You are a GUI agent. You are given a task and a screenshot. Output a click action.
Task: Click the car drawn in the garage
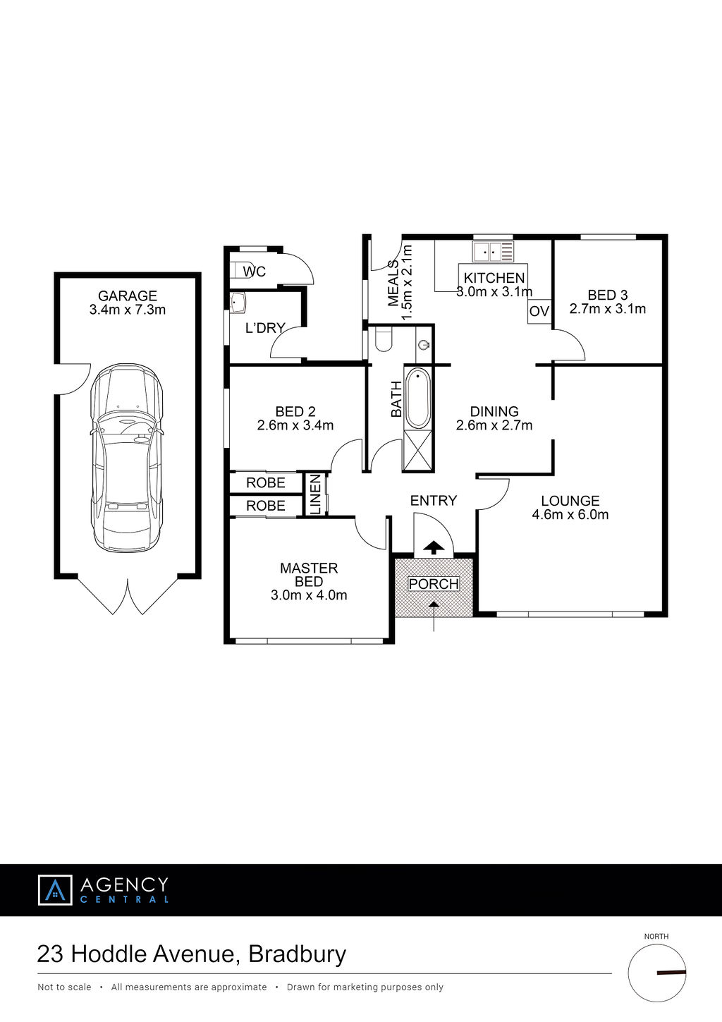pos(127,458)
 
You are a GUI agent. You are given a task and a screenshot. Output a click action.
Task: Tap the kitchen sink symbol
pos(493,251)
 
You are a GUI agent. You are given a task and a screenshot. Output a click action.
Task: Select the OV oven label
pos(539,311)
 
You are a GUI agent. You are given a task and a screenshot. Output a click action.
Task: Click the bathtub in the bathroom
pos(418,398)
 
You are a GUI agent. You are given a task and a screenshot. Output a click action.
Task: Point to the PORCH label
pos(434,583)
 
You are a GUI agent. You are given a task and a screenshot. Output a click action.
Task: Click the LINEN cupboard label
pos(316,494)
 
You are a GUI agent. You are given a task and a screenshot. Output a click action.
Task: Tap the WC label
pos(254,272)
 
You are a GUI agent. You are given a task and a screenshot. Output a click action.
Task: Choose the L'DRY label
pos(265,327)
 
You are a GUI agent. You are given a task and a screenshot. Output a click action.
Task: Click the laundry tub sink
pos(238,303)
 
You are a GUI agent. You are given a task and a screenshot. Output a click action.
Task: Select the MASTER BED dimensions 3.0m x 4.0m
pos(309,595)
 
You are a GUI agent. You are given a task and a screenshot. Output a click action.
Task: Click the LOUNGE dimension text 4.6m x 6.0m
pos(570,514)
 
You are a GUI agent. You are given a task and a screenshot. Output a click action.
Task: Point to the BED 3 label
pos(608,295)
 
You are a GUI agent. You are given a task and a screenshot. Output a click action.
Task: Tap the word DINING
pos(494,411)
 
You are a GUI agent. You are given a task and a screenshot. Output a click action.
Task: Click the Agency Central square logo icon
pos(55,889)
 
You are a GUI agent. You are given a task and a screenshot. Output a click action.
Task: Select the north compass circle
pos(656,973)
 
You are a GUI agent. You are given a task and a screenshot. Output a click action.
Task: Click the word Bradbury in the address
pos(297,954)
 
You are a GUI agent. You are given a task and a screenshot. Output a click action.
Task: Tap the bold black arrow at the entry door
pos(434,547)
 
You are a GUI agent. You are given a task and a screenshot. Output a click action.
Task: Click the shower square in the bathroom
pos(417,450)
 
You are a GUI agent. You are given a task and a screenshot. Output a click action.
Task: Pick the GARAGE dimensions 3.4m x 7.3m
pos(127,310)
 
